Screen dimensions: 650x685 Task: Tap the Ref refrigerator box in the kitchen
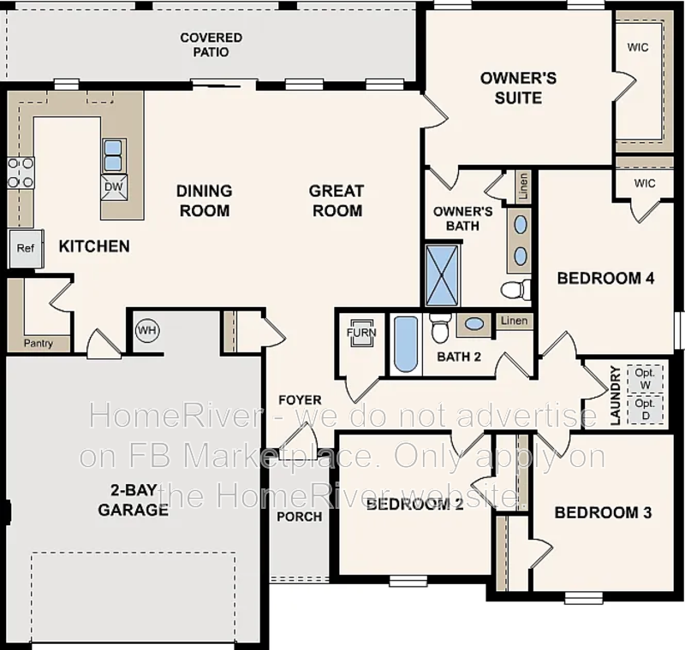pos(25,249)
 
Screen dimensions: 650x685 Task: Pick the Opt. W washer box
pos(646,378)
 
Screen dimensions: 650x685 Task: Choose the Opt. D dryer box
pos(646,408)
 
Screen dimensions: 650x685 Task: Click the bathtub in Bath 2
pos(406,345)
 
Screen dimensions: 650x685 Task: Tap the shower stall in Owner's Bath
pos(443,275)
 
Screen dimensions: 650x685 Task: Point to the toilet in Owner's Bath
pos(514,289)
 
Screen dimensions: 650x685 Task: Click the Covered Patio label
pos(211,44)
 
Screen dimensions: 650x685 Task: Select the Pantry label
pos(39,344)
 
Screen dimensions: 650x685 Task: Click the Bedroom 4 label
pos(605,278)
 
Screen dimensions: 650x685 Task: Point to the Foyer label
pos(300,399)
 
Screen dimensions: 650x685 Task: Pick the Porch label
pos(300,516)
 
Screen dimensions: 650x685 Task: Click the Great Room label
pos(337,200)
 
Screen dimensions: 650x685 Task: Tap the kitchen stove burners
pos(21,172)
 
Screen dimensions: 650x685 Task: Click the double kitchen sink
pos(113,156)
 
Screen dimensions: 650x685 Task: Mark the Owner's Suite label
pos(518,88)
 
